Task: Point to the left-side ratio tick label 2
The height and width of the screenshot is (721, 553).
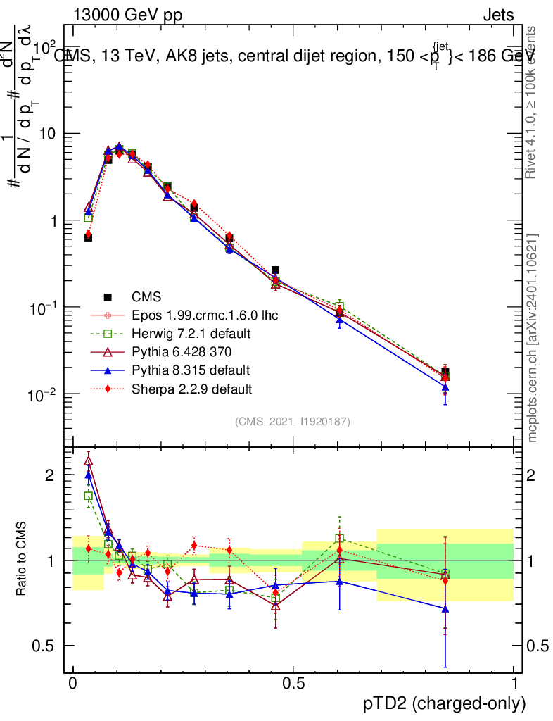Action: [x=50, y=475]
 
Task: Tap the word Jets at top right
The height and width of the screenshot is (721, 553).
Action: [x=497, y=15]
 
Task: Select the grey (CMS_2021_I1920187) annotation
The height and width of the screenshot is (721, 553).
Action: [x=293, y=421]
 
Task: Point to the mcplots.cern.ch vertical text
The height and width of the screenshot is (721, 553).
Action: [x=533, y=337]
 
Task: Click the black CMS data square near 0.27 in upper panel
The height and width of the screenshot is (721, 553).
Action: [x=194, y=208]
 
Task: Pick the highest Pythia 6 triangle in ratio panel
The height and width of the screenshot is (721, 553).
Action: [x=88, y=461]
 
